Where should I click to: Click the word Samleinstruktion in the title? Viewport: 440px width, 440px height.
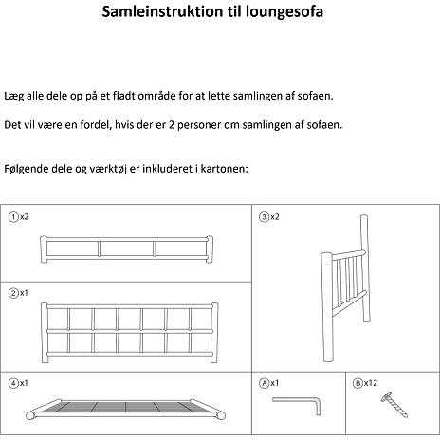(162, 12)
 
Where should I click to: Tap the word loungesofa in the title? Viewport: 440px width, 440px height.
(284, 12)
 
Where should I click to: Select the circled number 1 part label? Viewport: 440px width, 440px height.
(13, 217)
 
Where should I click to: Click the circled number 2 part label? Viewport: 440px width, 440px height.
(13, 293)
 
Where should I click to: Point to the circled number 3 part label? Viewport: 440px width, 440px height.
(264, 217)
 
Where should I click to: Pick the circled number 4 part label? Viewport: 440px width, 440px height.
(13, 383)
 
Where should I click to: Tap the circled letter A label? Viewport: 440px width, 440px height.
(264, 383)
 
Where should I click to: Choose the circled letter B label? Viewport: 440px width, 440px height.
(357, 383)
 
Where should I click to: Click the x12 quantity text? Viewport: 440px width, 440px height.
(371, 383)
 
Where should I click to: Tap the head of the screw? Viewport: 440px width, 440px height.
(386, 396)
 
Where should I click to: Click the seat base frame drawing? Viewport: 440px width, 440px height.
(125, 410)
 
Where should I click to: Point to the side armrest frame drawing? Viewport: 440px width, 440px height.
(344, 288)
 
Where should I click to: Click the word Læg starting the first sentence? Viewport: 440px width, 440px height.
(13, 96)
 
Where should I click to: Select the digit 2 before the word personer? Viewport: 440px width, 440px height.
(172, 125)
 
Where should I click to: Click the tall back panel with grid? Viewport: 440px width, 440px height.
(130, 333)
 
